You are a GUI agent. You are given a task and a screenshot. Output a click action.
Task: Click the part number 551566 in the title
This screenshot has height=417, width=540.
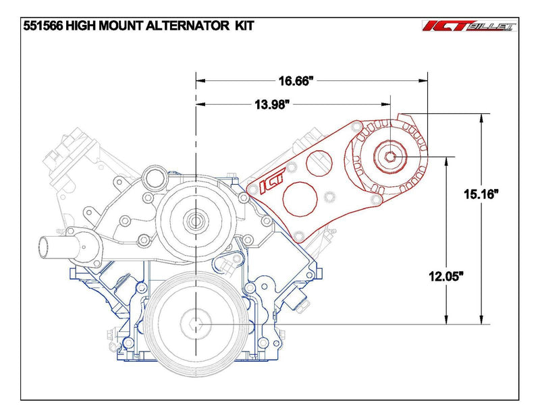(x=44, y=25)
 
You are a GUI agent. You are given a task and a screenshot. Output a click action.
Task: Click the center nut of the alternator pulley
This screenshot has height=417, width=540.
(x=391, y=157)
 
